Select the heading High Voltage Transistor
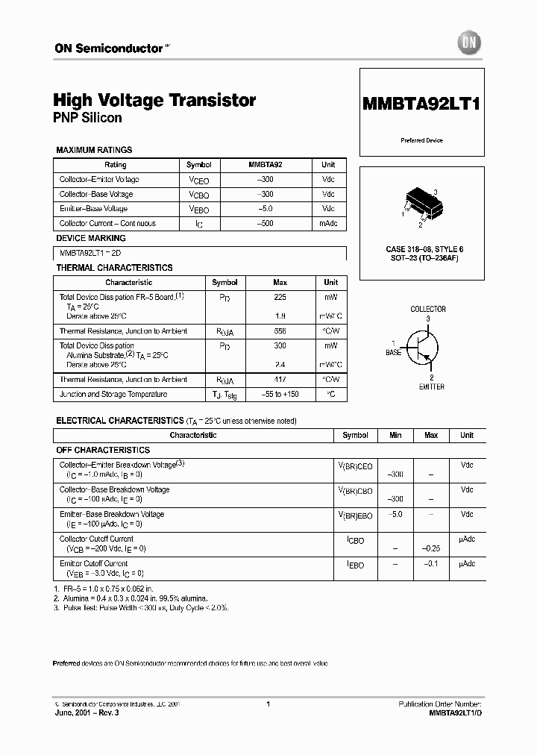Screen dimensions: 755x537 154,100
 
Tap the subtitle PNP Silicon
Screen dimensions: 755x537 87,118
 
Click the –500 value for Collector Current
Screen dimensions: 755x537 265,223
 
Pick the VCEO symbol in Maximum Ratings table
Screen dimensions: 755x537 198,180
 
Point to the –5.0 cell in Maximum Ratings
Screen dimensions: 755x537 265,209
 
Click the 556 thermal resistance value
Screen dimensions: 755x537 280,330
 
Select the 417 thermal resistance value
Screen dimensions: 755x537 280,380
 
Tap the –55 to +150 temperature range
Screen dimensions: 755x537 280,394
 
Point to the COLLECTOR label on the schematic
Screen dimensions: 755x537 428,309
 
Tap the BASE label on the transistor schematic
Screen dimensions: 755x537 393,352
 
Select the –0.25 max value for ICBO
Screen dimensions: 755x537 430,548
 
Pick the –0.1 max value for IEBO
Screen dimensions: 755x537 430,564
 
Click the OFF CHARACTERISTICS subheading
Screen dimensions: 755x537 103,450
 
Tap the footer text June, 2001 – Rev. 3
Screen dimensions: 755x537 87,713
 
